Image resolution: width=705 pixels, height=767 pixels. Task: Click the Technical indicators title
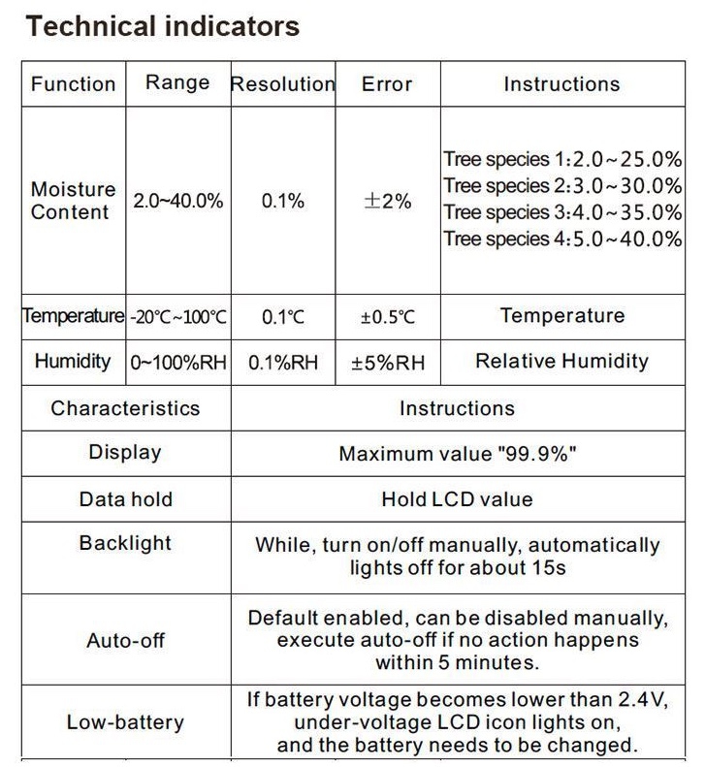point(162,26)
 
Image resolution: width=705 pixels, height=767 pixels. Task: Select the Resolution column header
point(282,84)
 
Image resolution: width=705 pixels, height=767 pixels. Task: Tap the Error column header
point(387,84)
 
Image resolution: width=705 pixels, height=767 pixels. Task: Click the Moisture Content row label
point(73,201)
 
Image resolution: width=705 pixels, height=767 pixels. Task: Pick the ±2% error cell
point(387,202)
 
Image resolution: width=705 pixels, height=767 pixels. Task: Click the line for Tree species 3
point(562,212)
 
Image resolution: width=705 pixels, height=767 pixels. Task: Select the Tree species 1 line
point(562,158)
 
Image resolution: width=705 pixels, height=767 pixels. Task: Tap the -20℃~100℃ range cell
point(178,316)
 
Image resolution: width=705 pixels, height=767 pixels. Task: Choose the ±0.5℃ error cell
point(387,316)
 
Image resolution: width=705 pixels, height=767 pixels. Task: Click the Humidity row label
point(73,362)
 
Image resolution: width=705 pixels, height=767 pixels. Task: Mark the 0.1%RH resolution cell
point(282,363)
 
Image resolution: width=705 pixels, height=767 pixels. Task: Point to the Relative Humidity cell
point(561,362)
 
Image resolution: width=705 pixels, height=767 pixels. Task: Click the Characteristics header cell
point(125,408)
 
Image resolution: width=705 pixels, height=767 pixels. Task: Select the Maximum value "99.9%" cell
point(457,454)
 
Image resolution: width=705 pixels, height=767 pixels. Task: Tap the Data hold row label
point(125,500)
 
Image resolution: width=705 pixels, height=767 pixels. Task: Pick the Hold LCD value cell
point(457,500)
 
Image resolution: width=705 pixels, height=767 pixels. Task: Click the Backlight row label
point(125,543)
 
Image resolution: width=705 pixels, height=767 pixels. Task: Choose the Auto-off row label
point(125,641)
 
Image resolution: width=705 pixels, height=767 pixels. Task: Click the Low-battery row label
point(125,722)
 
